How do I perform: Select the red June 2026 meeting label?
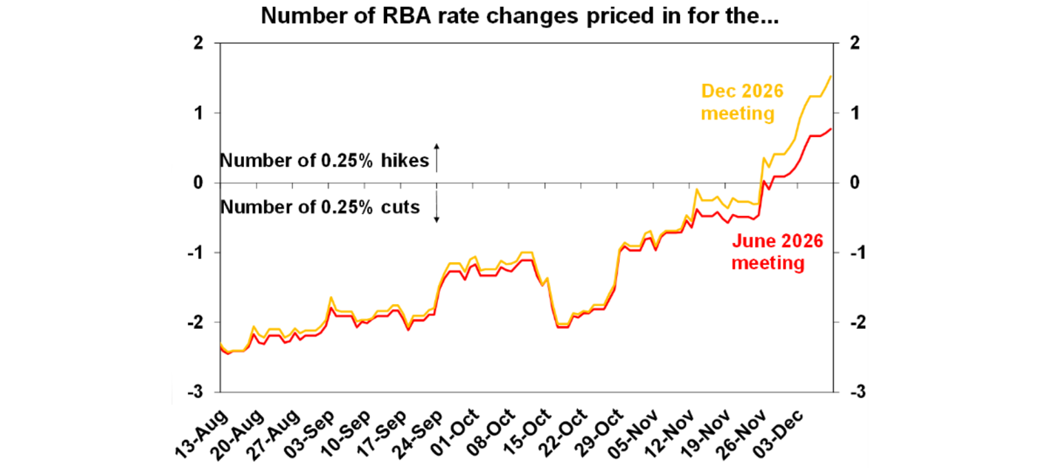778,252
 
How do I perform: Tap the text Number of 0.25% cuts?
320,206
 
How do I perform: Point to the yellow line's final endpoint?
831,76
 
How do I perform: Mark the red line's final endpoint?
831,129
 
